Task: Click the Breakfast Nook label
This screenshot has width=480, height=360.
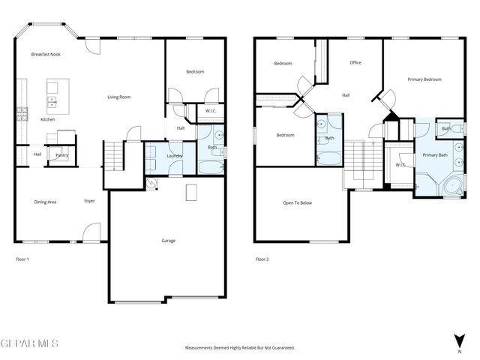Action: pyautogui.click(x=45, y=55)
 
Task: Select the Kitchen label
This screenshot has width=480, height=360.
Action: pyautogui.click(x=47, y=119)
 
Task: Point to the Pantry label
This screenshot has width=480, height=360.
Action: pyautogui.click(x=61, y=155)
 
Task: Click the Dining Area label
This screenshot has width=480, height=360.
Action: pyautogui.click(x=46, y=202)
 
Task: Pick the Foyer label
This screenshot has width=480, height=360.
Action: pyautogui.click(x=89, y=202)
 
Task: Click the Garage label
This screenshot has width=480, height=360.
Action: pyautogui.click(x=169, y=241)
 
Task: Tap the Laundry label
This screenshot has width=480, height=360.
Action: pyautogui.click(x=174, y=155)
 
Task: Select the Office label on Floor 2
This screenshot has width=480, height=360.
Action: pyautogui.click(x=355, y=62)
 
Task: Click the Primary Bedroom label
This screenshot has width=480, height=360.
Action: pyautogui.click(x=424, y=79)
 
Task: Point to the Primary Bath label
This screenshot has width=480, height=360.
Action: pyautogui.click(x=434, y=154)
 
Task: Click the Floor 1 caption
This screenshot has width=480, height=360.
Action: pyautogui.click(x=22, y=259)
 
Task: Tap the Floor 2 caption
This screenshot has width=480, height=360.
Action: pyautogui.click(x=262, y=259)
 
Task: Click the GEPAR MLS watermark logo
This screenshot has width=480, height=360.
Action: pyautogui.click(x=29, y=343)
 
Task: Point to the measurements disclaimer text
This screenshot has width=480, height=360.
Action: pyautogui.click(x=240, y=348)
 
